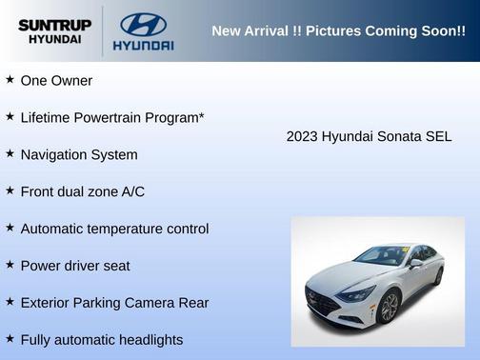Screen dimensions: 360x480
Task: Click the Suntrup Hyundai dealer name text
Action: tap(54, 31)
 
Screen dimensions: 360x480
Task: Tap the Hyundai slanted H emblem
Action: tap(143, 24)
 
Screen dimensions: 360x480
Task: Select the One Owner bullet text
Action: tap(56, 81)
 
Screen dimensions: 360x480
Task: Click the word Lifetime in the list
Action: tap(48, 117)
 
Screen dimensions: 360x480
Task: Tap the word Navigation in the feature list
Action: tap(54, 154)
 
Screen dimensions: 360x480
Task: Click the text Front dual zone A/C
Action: tap(82, 191)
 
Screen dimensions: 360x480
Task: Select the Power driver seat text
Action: tap(74, 266)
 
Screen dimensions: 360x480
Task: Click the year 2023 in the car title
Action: tap(302, 136)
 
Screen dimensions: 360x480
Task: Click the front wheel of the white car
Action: tap(388, 307)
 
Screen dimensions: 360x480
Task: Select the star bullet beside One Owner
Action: tap(10, 80)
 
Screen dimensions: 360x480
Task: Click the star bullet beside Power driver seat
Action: tap(10, 265)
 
